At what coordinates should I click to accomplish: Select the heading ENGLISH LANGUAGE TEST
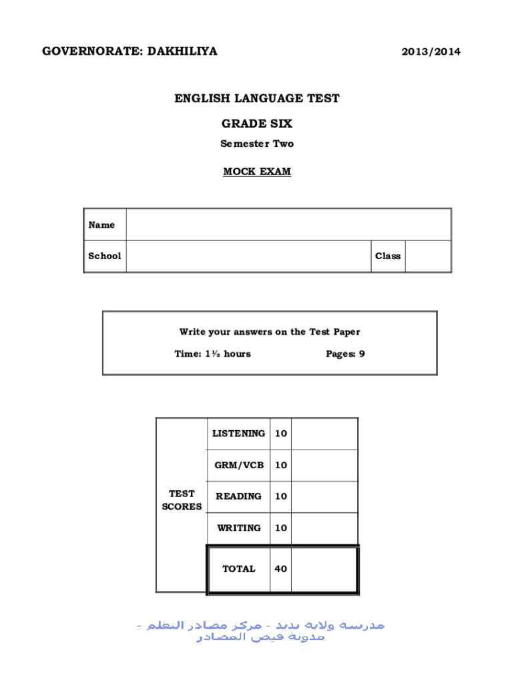[x=257, y=99]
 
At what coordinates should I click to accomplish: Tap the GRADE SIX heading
[x=257, y=124]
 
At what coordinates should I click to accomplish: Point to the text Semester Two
[x=257, y=144]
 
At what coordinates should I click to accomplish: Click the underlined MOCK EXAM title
[x=257, y=172]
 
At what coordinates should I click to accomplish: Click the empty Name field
[x=288, y=224]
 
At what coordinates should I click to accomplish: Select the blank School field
[x=248, y=256]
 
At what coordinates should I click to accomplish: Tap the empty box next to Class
[x=428, y=256]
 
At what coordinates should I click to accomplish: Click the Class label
[x=388, y=256]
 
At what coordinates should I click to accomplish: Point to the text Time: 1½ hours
[x=212, y=354]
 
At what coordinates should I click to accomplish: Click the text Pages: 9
[x=345, y=354]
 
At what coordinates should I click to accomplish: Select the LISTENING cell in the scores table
[x=238, y=434]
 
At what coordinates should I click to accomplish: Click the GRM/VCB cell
[x=238, y=465]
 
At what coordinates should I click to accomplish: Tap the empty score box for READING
[x=324, y=496]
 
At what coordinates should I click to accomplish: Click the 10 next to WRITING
[x=281, y=528]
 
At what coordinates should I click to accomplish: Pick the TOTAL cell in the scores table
[x=238, y=569]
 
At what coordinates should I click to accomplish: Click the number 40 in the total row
[x=281, y=569]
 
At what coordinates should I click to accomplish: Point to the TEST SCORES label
[x=182, y=500]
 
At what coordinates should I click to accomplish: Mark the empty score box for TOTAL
[x=324, y=569]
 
